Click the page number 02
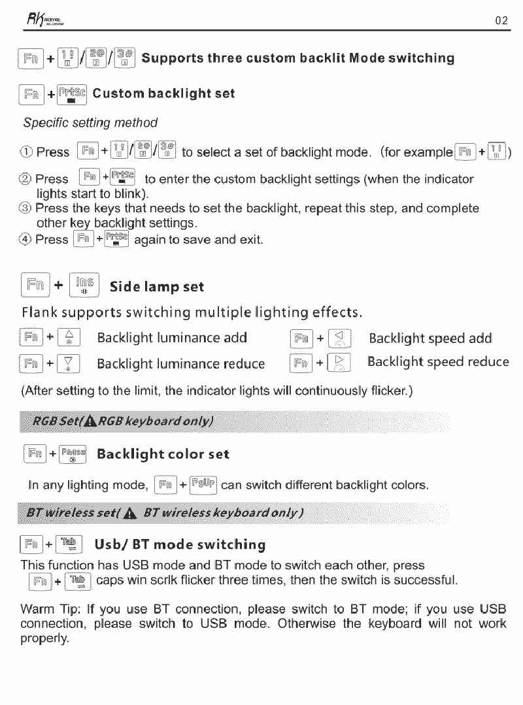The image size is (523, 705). click(501, 20)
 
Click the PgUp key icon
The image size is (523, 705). click(201, 485)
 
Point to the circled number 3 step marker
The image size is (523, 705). click(27, 209)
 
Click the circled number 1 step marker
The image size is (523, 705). click(27, 152)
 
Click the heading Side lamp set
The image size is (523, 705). click(156, 287)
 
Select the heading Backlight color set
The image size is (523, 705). click(163, 454)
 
